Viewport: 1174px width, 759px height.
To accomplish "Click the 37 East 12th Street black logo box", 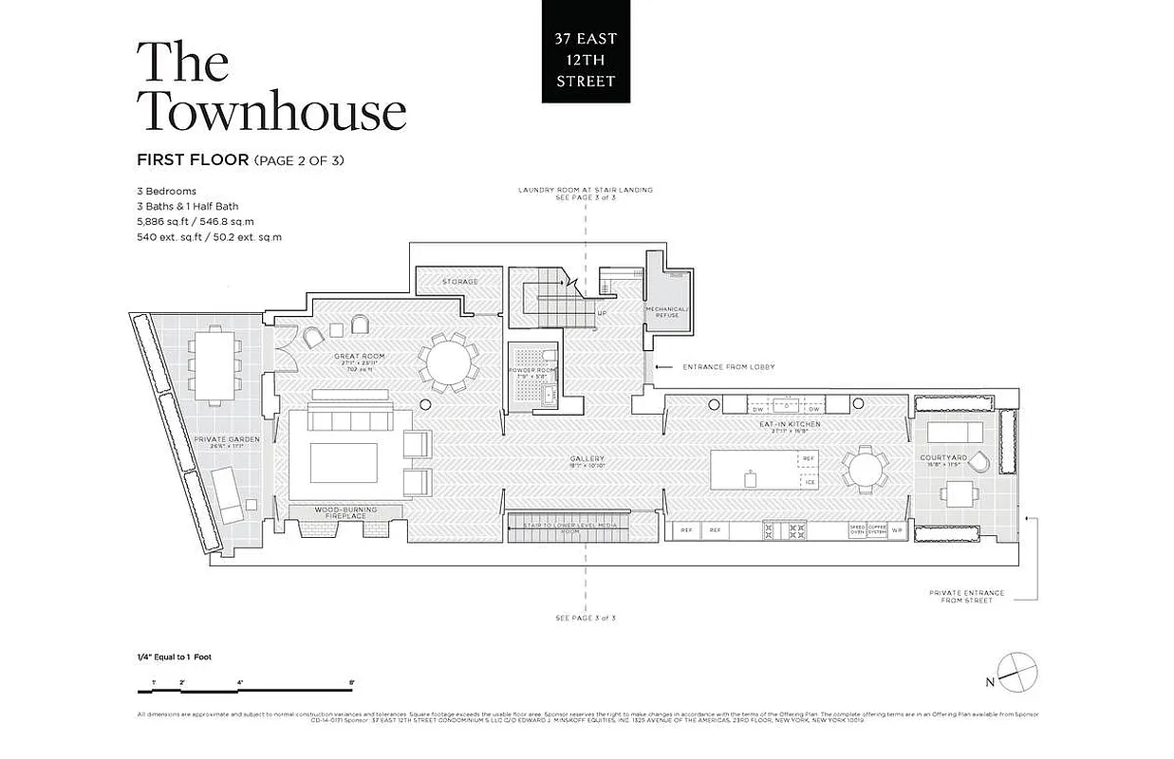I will click(x=586, y=51).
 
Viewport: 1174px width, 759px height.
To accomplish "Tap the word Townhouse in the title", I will click(x=272, y=111).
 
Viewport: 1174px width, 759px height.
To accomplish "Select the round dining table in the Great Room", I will click(x=447, y=361).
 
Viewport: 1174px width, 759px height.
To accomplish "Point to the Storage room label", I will click(x=460, y=282).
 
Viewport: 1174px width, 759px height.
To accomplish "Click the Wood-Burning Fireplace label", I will click(x=345, y=513).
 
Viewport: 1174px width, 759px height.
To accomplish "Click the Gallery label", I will click(x=587, y=460).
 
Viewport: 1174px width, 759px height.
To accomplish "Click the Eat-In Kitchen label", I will click(x=789, y=425).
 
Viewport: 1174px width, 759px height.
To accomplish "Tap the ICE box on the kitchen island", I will click(x=809, y=482).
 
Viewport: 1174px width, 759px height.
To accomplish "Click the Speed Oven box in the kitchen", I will click(x=857, y=530).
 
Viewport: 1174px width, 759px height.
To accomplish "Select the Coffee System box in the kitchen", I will click(x=876, y=530).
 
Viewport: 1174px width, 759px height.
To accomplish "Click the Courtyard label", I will click(x=944, y=458).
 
